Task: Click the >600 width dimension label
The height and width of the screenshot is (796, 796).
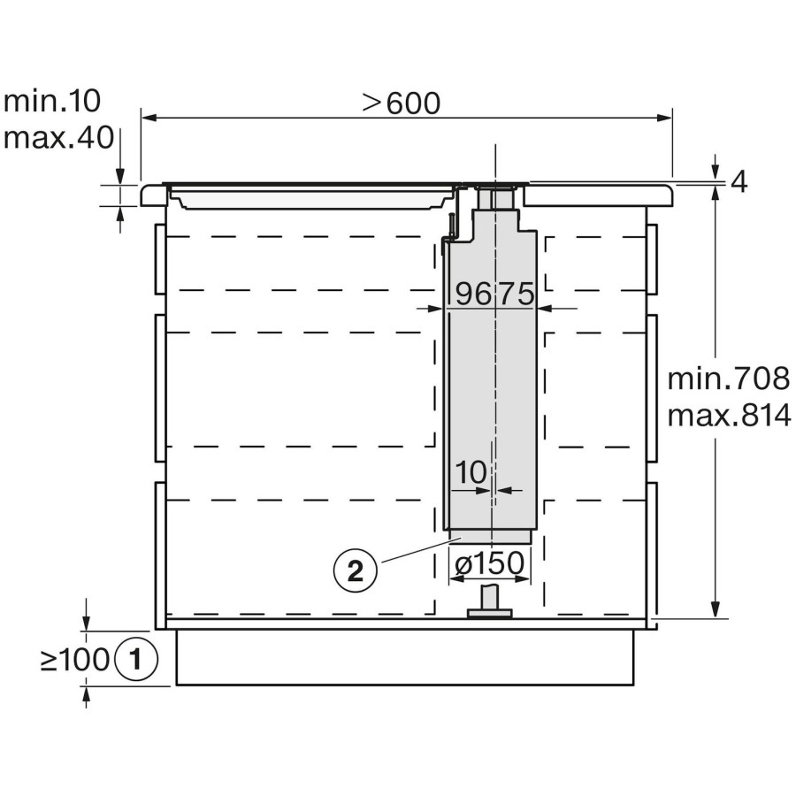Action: point(401,103)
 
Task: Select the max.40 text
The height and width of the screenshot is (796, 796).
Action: point(58,138)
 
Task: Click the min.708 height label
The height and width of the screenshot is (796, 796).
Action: point(729,379)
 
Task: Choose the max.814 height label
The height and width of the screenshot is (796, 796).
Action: point(729,416)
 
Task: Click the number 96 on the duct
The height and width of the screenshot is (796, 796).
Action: point(473,294)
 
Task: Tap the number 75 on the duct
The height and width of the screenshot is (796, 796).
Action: point(516,294)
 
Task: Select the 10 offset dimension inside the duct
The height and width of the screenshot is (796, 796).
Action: point(471,472)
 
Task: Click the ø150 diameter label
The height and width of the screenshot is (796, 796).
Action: point(489,563)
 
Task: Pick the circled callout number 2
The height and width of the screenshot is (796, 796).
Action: point(356,571)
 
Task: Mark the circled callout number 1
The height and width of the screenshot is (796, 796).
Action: point(136,659)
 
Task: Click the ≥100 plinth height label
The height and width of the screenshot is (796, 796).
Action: point(75,660)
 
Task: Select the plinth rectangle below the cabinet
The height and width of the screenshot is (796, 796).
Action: point(404,657)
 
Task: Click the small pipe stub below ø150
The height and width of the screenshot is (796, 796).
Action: point(490,601)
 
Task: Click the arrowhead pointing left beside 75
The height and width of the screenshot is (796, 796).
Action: point(545,308)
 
